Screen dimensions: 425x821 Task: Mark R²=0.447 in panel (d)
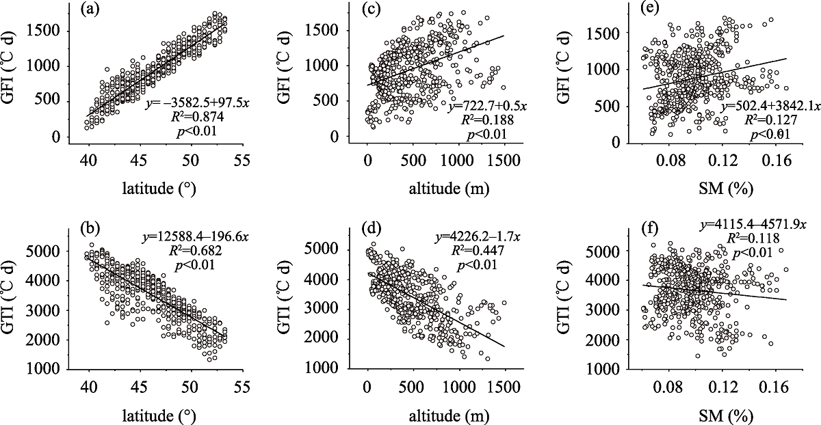[x=482, y=251]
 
